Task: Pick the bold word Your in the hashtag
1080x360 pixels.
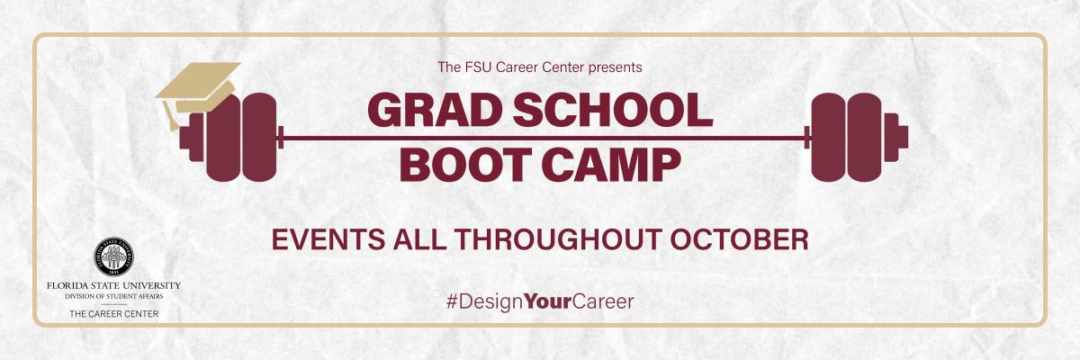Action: (547, 301)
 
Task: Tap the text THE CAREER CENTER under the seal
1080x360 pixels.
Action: (113, 314)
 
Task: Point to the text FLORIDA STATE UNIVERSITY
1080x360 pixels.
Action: (113, 285)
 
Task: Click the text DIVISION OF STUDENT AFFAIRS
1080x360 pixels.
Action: (113, 295)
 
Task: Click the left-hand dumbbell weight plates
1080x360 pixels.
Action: (239, 137)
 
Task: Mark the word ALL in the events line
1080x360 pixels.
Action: (418, 240)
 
